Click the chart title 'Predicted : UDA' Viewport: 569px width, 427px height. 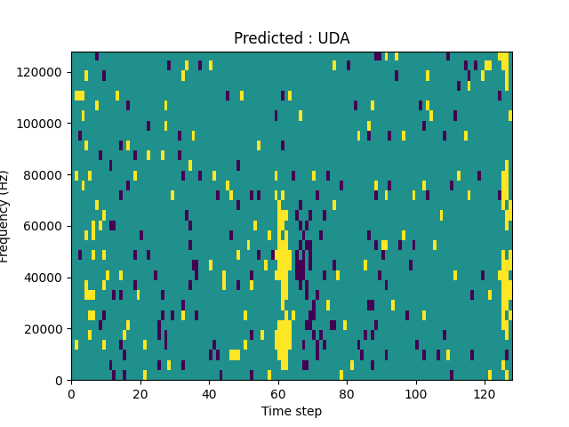292,38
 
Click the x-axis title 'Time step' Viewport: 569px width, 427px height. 292,411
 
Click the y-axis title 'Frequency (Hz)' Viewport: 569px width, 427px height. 4,216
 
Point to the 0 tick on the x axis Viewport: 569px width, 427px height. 71,393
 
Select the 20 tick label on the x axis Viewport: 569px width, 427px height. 140,393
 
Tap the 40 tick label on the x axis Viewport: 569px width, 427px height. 209,393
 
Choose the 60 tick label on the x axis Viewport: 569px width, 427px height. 277,393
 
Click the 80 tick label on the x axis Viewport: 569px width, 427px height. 347,393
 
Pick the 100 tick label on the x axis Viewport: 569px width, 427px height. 415,393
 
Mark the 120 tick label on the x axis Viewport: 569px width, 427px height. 485,393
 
